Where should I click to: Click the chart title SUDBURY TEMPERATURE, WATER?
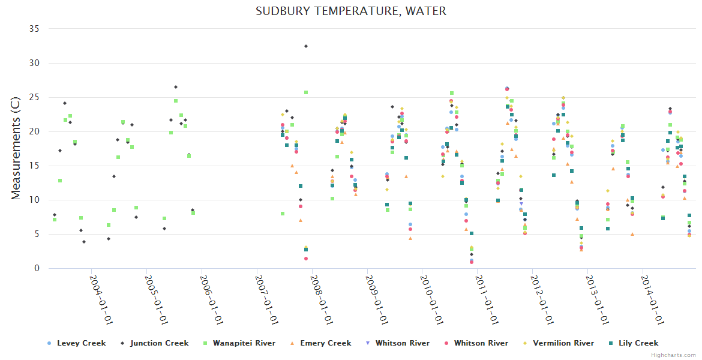click(x=350, y=11)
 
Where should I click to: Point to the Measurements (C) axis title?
click(x=16, y=149)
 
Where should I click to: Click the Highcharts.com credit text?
click(x=674, y=355)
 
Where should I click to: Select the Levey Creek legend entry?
click(x=81, y=343)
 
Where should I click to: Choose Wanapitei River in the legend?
click(x=244, y=343)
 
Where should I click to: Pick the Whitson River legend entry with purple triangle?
click(x=402, y=343)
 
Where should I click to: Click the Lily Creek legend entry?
click(x=638, y=343)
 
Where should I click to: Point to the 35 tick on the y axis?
click(x=34, y=29)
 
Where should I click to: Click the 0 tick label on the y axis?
click(x=36, y=269)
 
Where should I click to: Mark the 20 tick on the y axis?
click(x=34, y=131)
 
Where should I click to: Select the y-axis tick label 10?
click(x=34, y=200)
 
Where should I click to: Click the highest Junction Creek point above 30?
click(x=306, y=46)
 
